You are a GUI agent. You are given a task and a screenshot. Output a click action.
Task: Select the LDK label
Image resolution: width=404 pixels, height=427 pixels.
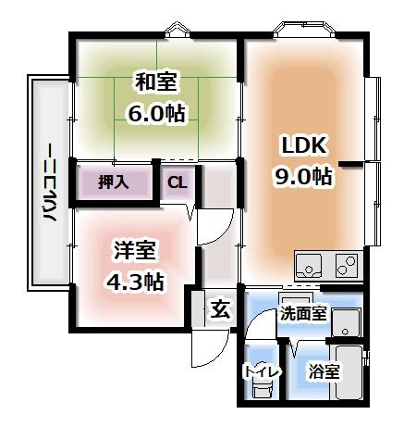tap(302, 145)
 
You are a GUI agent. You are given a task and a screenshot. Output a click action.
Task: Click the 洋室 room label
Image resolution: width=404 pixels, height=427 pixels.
tap(135, 250)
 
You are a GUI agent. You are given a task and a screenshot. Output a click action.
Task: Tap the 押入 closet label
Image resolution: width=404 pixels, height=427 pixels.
tap(115, 182)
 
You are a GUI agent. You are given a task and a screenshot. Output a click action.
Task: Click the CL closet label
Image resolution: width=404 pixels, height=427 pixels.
tap(177, 182)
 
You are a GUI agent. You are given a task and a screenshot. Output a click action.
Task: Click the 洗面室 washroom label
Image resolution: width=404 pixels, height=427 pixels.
tap(303, 314)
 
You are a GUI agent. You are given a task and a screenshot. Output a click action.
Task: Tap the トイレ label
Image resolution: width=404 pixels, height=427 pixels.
tap(258, 371)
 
